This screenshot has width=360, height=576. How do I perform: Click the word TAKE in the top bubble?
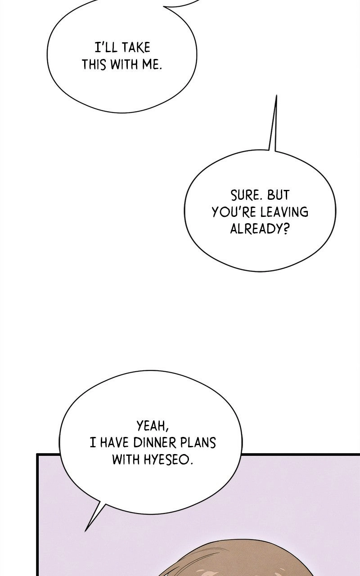click(x=136, y=48)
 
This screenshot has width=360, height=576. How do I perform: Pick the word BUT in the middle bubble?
click(x=278, y=195)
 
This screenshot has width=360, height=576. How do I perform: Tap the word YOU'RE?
click(x=234, y=212)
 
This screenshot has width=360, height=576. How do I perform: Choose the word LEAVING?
click(x=284, y=212)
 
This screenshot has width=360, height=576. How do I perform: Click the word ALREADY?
click(x=259, y=229)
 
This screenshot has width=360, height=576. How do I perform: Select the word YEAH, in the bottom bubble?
click(x=153, y=426)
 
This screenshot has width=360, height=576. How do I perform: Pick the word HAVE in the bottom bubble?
click(x=114, y=443)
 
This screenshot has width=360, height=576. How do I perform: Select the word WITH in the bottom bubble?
click(x=126, y=459)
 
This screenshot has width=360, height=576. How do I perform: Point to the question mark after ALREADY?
click(x=285, y=229)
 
